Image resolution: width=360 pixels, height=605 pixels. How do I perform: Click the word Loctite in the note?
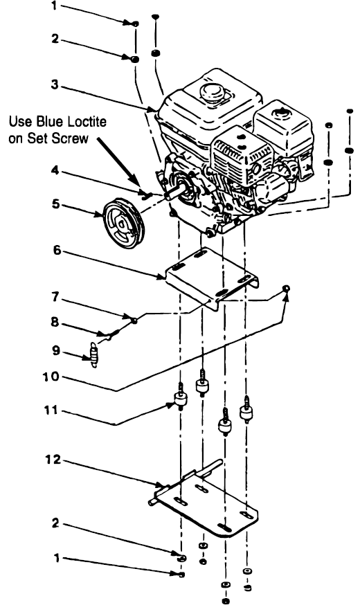click(x=75, y=122)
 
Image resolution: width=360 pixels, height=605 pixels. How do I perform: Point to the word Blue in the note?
click(x=44, y=122)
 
